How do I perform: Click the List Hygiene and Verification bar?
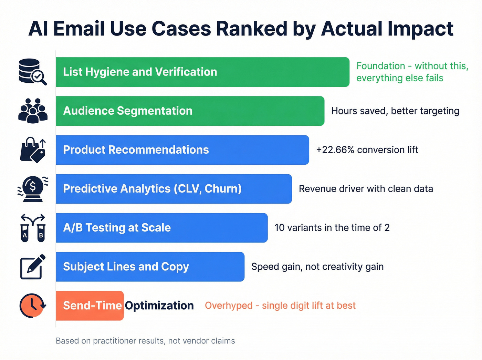click(x=202, y=72)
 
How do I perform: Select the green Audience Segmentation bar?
click(x=190, y=111)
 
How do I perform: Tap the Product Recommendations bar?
click(x=182, y=150)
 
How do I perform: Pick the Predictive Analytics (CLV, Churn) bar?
click(x=174, y=189)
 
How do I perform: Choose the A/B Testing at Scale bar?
click(x=162, y=228)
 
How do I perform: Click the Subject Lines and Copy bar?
click(x=150, y=267)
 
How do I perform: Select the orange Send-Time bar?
click(x=90, y=306)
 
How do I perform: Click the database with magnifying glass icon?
click(x=32, y=72)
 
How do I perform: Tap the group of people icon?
click(x=33, y=111)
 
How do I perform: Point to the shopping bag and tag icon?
click(x=33, y=150)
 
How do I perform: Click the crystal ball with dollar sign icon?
click(x=33, y=188)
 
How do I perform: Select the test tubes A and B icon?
click(x=33, y=228)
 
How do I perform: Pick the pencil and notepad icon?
click(x=33, y=267)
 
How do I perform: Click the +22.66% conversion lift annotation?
click(x=367, y=150)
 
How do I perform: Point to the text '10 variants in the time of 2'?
click(x=332, y=228)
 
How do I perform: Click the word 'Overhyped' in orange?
click(x=229, y=306)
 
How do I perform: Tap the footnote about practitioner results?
click(x=145, y=341)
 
